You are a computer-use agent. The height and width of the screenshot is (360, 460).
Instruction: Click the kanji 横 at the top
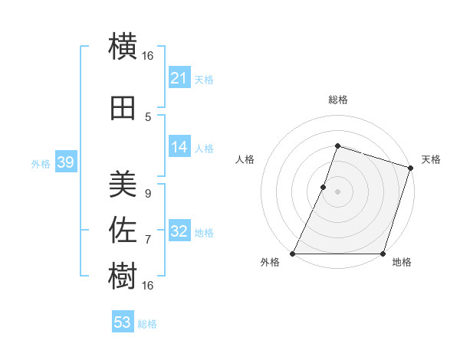[x=123, y=47]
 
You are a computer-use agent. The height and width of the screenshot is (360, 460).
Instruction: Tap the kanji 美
[x=123, y=184]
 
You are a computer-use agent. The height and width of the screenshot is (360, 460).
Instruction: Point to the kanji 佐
[x=123, y=228]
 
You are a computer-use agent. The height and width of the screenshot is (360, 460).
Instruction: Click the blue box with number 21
[x=179, y=78]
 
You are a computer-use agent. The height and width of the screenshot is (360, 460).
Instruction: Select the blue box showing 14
[x=179, y=148]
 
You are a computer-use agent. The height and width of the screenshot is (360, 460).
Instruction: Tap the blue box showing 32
[x=179, y=231]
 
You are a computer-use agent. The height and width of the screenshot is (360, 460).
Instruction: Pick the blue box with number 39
[x=65, y=162]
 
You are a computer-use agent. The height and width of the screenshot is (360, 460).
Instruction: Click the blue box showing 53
[x=123, y=322]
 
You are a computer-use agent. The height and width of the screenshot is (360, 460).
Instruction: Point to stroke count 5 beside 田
[x=148, y=116]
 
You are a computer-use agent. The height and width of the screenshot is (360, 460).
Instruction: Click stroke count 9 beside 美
[x=148, y=194]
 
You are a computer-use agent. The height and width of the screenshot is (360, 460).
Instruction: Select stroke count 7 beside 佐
[x=148, y=239]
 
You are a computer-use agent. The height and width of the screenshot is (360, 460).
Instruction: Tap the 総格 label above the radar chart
[x=338, y=100]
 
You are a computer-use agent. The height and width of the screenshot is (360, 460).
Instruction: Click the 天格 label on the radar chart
[x=431, y=159]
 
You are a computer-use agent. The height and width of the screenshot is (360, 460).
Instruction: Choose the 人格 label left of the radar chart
[x=245, y=159]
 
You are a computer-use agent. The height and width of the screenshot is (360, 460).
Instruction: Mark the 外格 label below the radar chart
[x=270, y=263]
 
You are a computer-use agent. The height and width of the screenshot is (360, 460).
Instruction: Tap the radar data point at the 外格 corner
[x=293, y=254]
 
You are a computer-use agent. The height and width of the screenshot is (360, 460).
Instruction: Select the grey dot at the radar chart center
[x=338, y=191]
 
